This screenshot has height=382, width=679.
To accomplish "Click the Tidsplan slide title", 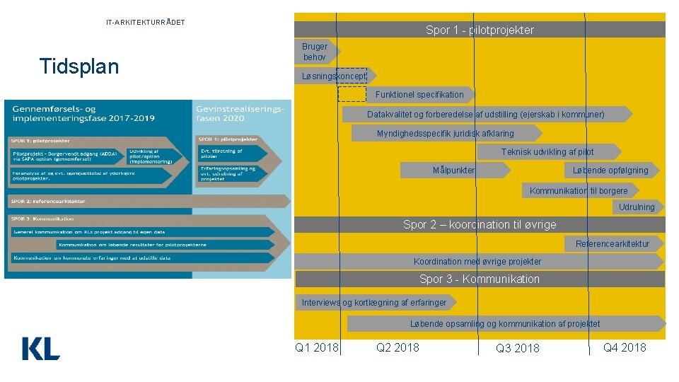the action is point(79,66).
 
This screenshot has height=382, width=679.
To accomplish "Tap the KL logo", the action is point(41,348).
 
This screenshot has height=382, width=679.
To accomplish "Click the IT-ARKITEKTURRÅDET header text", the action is point(146,23).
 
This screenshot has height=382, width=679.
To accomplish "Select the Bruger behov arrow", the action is point(316,52).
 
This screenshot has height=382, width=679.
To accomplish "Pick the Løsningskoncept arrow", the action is point(334,76).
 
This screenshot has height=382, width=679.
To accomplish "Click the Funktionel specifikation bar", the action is point(419,95).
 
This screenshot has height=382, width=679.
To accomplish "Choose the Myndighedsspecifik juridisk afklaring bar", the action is point(446,133).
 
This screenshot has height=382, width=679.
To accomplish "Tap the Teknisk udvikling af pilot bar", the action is point(547,151).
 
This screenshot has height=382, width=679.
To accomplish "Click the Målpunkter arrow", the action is point(454,170).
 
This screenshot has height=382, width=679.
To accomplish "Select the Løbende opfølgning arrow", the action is point(610,170).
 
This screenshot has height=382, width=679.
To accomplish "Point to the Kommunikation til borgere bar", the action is point(579,190).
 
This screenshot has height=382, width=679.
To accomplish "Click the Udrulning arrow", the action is point(637,207).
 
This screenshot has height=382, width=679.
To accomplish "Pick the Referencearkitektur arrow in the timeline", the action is point(613,243).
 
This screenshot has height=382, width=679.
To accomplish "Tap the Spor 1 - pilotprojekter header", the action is point(480,30).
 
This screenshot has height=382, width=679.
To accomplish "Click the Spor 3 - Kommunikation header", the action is point(480,279).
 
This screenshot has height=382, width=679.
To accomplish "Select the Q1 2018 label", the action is point(316,347).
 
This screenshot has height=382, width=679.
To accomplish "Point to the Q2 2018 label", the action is point(397,347).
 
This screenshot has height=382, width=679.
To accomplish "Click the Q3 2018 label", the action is point(517,348).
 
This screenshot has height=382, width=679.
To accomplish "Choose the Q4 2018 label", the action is point(625,347).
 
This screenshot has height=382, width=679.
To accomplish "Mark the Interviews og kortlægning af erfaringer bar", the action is point(374,302).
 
